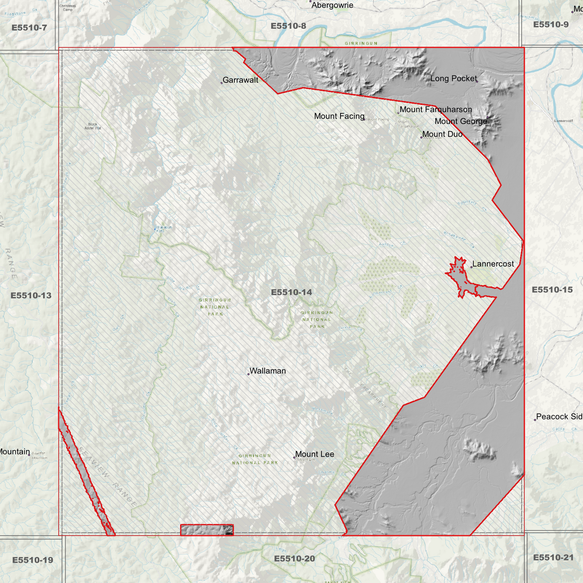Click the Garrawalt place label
click(240, 80)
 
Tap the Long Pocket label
click(453, 79)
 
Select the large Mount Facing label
click(339, 116)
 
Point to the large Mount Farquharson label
click(436, 110)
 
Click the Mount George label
click(461, 121)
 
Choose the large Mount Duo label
click(442, 134)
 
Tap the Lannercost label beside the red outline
click(493, 264)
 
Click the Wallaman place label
click(267, 371)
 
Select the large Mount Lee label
click(315, 454)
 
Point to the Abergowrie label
click(332, 5)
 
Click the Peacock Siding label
click(559, 417)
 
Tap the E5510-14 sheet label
click(291, 292)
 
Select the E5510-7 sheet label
click(29, 28)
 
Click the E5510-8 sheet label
click(288, 26)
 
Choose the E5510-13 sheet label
click(31, 295)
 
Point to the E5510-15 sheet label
click(552, 290)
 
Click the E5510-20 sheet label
click(294, 559)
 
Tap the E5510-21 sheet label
click(553, 558)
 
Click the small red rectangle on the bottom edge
click(207, 530)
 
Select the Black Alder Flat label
click(93, 126)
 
